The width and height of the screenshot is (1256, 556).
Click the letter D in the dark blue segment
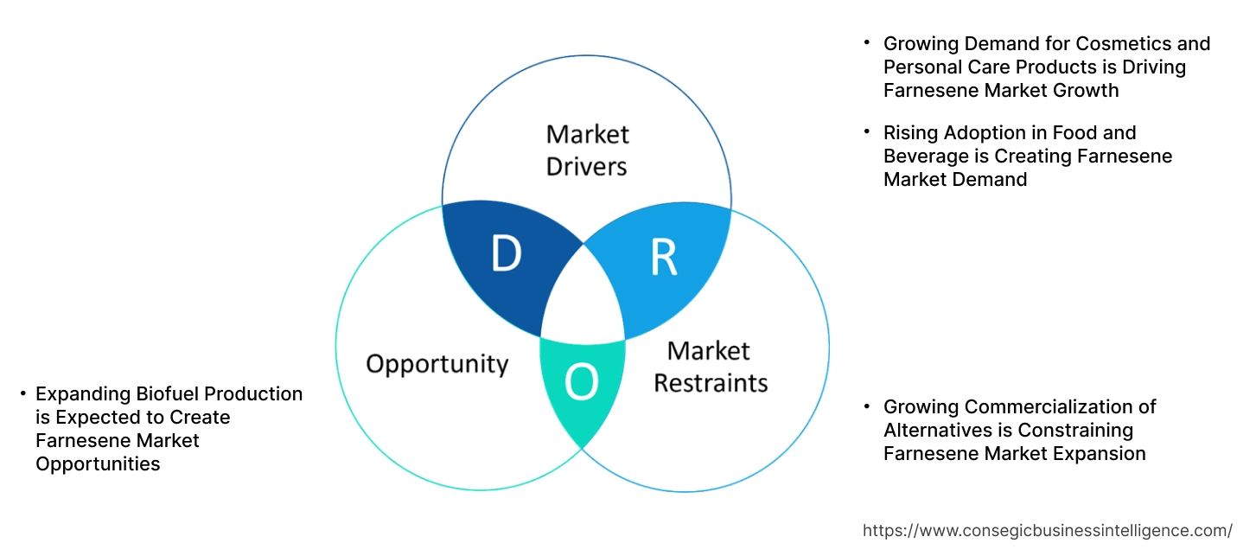point(507,254)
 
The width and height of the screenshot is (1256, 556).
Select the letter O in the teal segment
point(581,382)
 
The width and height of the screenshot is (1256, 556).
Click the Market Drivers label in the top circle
point(587,150)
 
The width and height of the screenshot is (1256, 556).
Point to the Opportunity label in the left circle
point(437,363)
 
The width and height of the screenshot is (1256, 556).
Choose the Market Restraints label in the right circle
point(710,366)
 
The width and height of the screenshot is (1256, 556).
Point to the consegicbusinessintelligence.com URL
point(1048,531)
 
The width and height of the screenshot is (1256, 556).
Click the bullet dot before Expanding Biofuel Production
point(22,394)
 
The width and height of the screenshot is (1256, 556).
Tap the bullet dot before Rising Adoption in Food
point(867,132)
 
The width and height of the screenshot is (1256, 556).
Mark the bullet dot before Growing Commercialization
point(867,406)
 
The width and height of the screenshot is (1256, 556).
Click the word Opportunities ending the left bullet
point(98,464)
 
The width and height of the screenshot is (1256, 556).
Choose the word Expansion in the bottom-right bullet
point(1098,453)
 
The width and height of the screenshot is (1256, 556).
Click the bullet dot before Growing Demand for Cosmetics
point(867,43)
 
